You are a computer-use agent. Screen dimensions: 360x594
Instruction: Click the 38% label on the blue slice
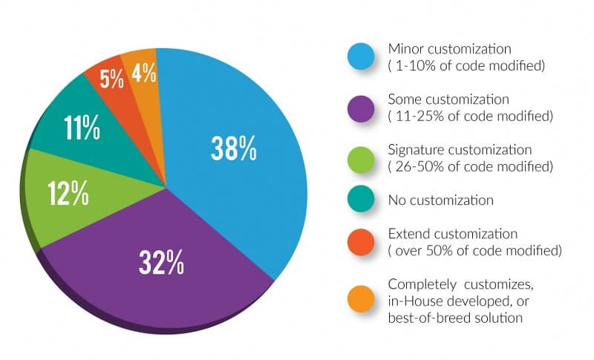[x=234, y=148]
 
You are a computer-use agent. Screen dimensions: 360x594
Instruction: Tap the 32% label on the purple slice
[x=161, y=262]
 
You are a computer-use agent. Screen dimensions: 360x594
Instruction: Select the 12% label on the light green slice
[x=69, y=194]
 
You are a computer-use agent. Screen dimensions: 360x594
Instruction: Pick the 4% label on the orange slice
[x=144, y=73]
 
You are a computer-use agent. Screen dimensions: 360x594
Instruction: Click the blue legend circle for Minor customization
[x=362, y=56]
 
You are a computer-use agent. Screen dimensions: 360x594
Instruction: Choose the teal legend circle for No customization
[x=362, y=200]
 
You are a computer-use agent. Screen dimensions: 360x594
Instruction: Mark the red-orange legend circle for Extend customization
[x=362, y=243]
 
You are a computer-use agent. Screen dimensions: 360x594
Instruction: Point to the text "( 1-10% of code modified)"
[x=466, y=65]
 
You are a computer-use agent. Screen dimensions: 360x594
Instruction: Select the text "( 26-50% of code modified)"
[x=470, y=166]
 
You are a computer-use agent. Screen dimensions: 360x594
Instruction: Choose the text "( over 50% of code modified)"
[x=474, y=251]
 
